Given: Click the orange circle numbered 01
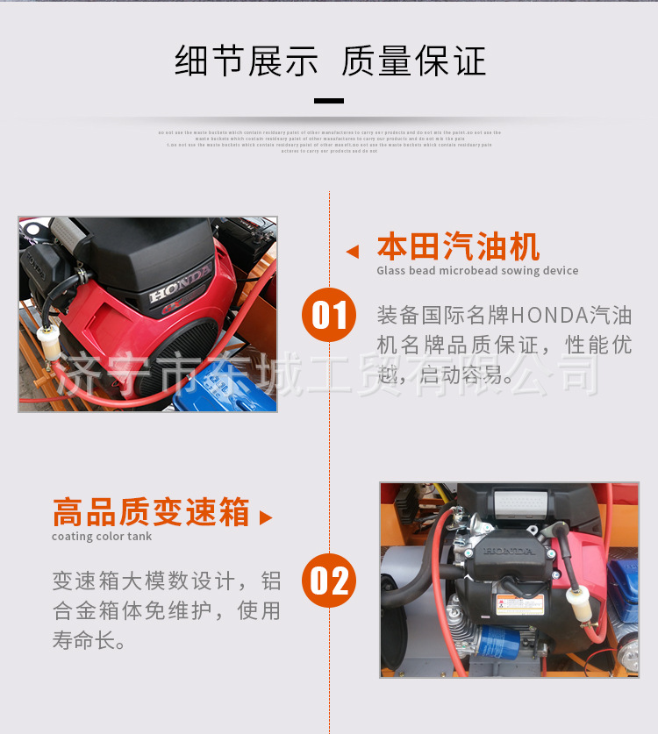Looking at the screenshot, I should click(x=329, y=315).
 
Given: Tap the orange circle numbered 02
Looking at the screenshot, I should click(x=329, y=581).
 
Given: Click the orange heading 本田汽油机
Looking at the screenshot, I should click(x=458, y=247).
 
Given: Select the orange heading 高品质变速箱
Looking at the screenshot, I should click(x=151, y=513).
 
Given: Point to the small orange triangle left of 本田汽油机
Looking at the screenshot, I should click(x=353, y=252).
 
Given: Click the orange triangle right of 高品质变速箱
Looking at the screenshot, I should click(x=266, y=517).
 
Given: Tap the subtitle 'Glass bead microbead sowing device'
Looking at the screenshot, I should click(x=477, y=271).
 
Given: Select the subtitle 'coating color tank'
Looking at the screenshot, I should click(x=102, y=537).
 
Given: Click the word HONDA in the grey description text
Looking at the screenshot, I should click(x=549, y=315).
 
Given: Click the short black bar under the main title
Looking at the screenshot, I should click(x=329, y=101).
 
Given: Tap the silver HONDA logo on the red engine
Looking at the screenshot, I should click(x=179, y=284).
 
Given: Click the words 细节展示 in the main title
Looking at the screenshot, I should click(x=247, y=63).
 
